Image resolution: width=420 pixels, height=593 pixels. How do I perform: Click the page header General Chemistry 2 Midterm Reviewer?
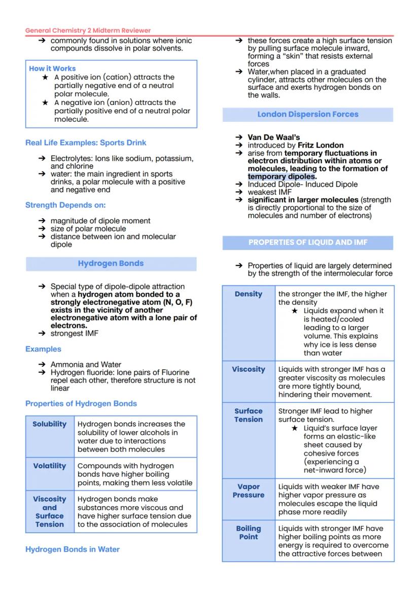[x=88, y=30]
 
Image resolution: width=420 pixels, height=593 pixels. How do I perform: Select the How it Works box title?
[x=52, y=68]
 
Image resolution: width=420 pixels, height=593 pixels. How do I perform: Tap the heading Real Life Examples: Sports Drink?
[x=86, y=143]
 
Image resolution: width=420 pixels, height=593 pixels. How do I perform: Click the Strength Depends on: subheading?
[x=65, y=205]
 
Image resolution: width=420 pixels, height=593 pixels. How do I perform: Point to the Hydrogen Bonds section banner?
[x=111, y=263]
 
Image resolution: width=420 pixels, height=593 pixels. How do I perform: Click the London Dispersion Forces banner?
[x=307, y=114]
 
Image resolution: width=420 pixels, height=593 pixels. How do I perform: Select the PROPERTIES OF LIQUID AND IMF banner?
[x=307, y=242]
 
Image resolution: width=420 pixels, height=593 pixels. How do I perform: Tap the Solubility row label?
[x=50, y=424]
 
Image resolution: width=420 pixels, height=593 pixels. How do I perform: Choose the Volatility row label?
[x=50, y=466]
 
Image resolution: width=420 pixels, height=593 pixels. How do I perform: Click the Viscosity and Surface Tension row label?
[x=50, y=511]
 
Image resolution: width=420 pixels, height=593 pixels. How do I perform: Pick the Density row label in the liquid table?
[x=249, y=294]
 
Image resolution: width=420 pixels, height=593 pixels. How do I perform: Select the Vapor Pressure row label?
[x=249, y=491]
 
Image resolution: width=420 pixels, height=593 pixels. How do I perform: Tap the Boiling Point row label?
[x=249, y=533]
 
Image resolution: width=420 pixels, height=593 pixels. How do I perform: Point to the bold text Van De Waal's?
[x=273, y=137]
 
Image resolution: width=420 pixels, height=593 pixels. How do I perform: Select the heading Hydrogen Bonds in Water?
[x=73, y=549]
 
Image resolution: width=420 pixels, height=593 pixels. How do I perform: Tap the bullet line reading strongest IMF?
[x=74, y=333]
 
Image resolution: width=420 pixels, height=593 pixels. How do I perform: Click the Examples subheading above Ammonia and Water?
[x=43, y=349]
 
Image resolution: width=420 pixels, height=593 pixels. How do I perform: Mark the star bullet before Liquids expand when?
[x=295, y=310]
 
